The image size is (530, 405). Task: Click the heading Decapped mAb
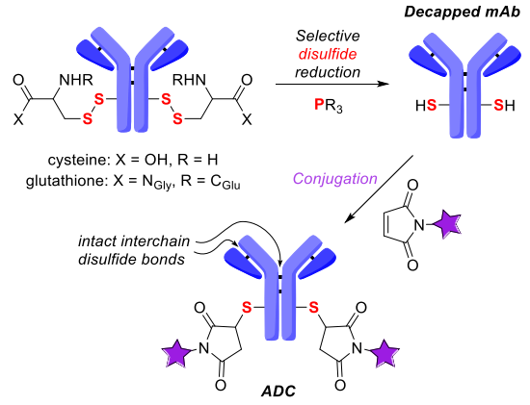[462, 12]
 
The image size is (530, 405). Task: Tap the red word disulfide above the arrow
[328, 54]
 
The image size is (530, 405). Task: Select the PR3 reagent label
[329, 106]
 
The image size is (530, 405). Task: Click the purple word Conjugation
[335, 179]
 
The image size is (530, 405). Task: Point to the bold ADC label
[278, 392]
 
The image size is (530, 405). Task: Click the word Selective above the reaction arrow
[328, 36]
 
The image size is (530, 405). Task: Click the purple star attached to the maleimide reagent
[447, 224]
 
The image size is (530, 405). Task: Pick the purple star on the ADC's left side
[176, 353]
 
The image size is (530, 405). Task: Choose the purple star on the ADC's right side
[384, 353]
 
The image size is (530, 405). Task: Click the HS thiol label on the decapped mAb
[426, 106]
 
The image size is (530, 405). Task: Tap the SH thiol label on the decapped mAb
[504, 106]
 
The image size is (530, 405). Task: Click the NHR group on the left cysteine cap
[76, 80]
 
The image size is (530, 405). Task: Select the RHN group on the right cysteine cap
[189, 80]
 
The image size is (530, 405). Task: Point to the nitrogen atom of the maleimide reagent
[419, 224]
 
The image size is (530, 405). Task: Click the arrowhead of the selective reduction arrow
[384, 84]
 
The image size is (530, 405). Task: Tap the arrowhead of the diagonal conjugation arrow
[349, 218]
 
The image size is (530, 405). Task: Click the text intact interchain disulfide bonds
[134, 250]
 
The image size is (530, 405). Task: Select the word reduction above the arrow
[328, 72]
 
